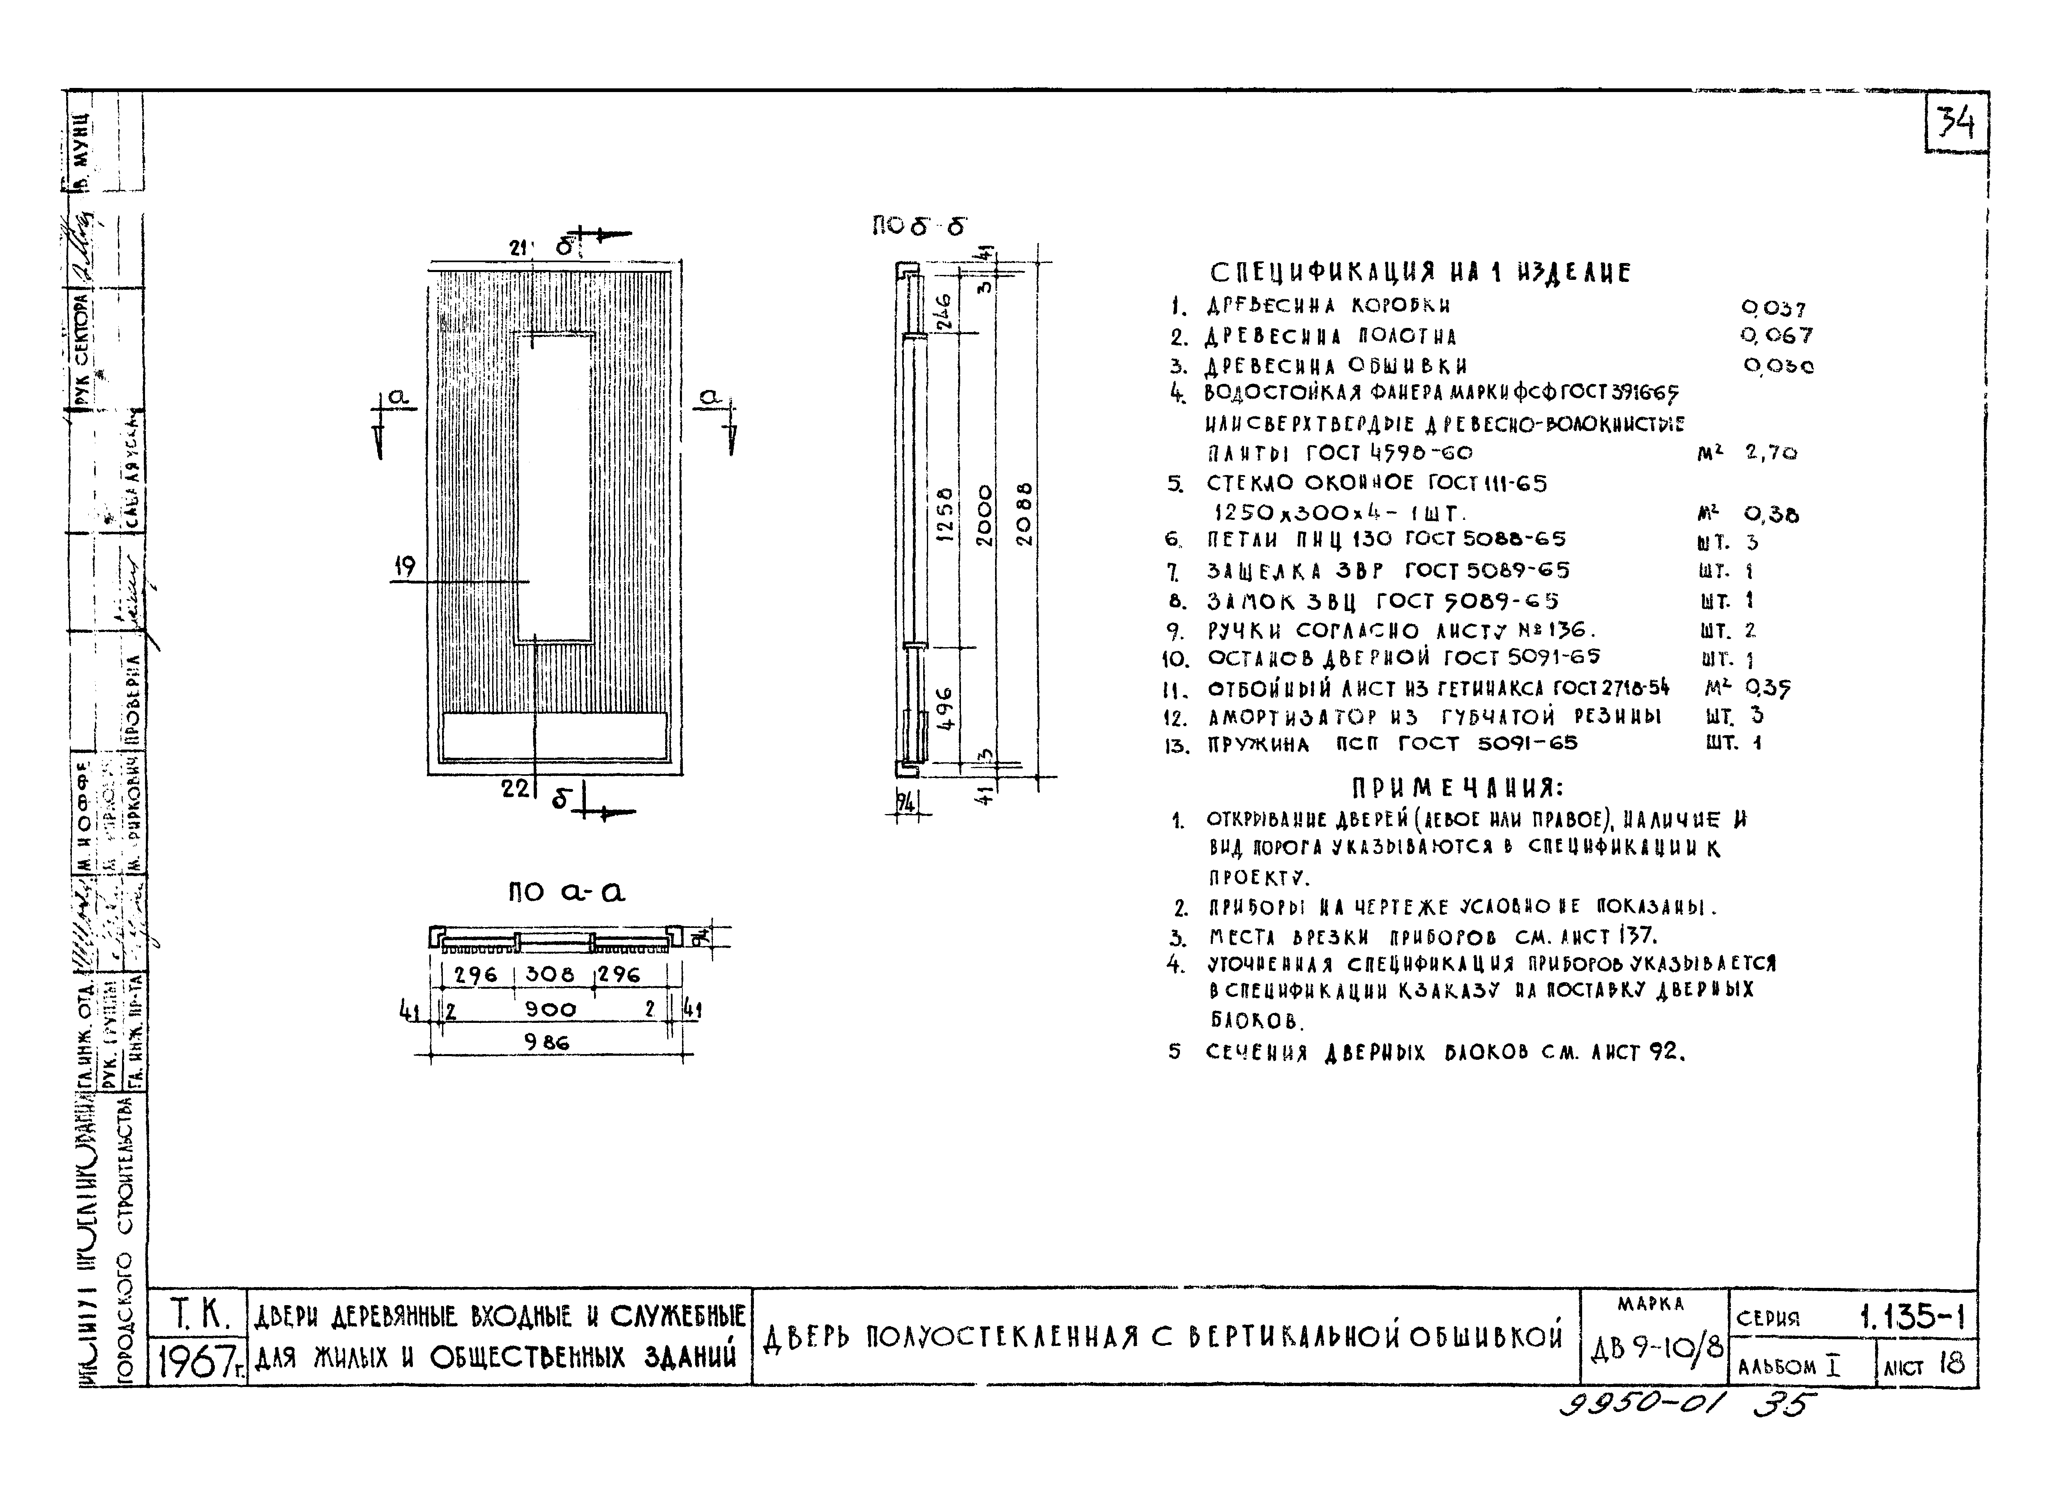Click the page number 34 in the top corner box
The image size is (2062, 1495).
tap(1955, 123)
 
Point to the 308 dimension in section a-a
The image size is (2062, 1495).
tap(550, 974)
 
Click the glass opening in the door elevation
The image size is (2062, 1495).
tap(555, 487)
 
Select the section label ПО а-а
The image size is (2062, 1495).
tap(567, 892)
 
